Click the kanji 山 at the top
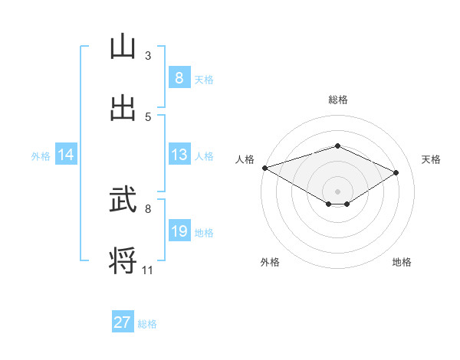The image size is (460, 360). point(123,47)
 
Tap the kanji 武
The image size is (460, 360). point(123,201)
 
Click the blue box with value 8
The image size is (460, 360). point(179,77)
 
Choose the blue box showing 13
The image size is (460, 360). point(179,155)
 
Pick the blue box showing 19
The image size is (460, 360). point(179,231)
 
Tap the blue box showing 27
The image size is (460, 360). point(123,322)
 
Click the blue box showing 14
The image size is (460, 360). point(66,155)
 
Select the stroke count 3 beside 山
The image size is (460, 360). point(148,56)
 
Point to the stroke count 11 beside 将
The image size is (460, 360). point(148,270)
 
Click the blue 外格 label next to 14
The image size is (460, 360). point(41,155)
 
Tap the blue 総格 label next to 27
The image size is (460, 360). point(147,323)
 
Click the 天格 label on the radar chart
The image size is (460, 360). point(431,159)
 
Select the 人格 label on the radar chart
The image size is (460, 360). point(245,159)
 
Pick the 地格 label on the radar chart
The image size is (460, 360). point(402,262)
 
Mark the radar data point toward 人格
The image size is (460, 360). point(264,168)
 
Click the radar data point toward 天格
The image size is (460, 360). point(396,172)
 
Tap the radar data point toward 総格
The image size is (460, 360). point(337,146)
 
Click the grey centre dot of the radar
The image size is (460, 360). point(337,191)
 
